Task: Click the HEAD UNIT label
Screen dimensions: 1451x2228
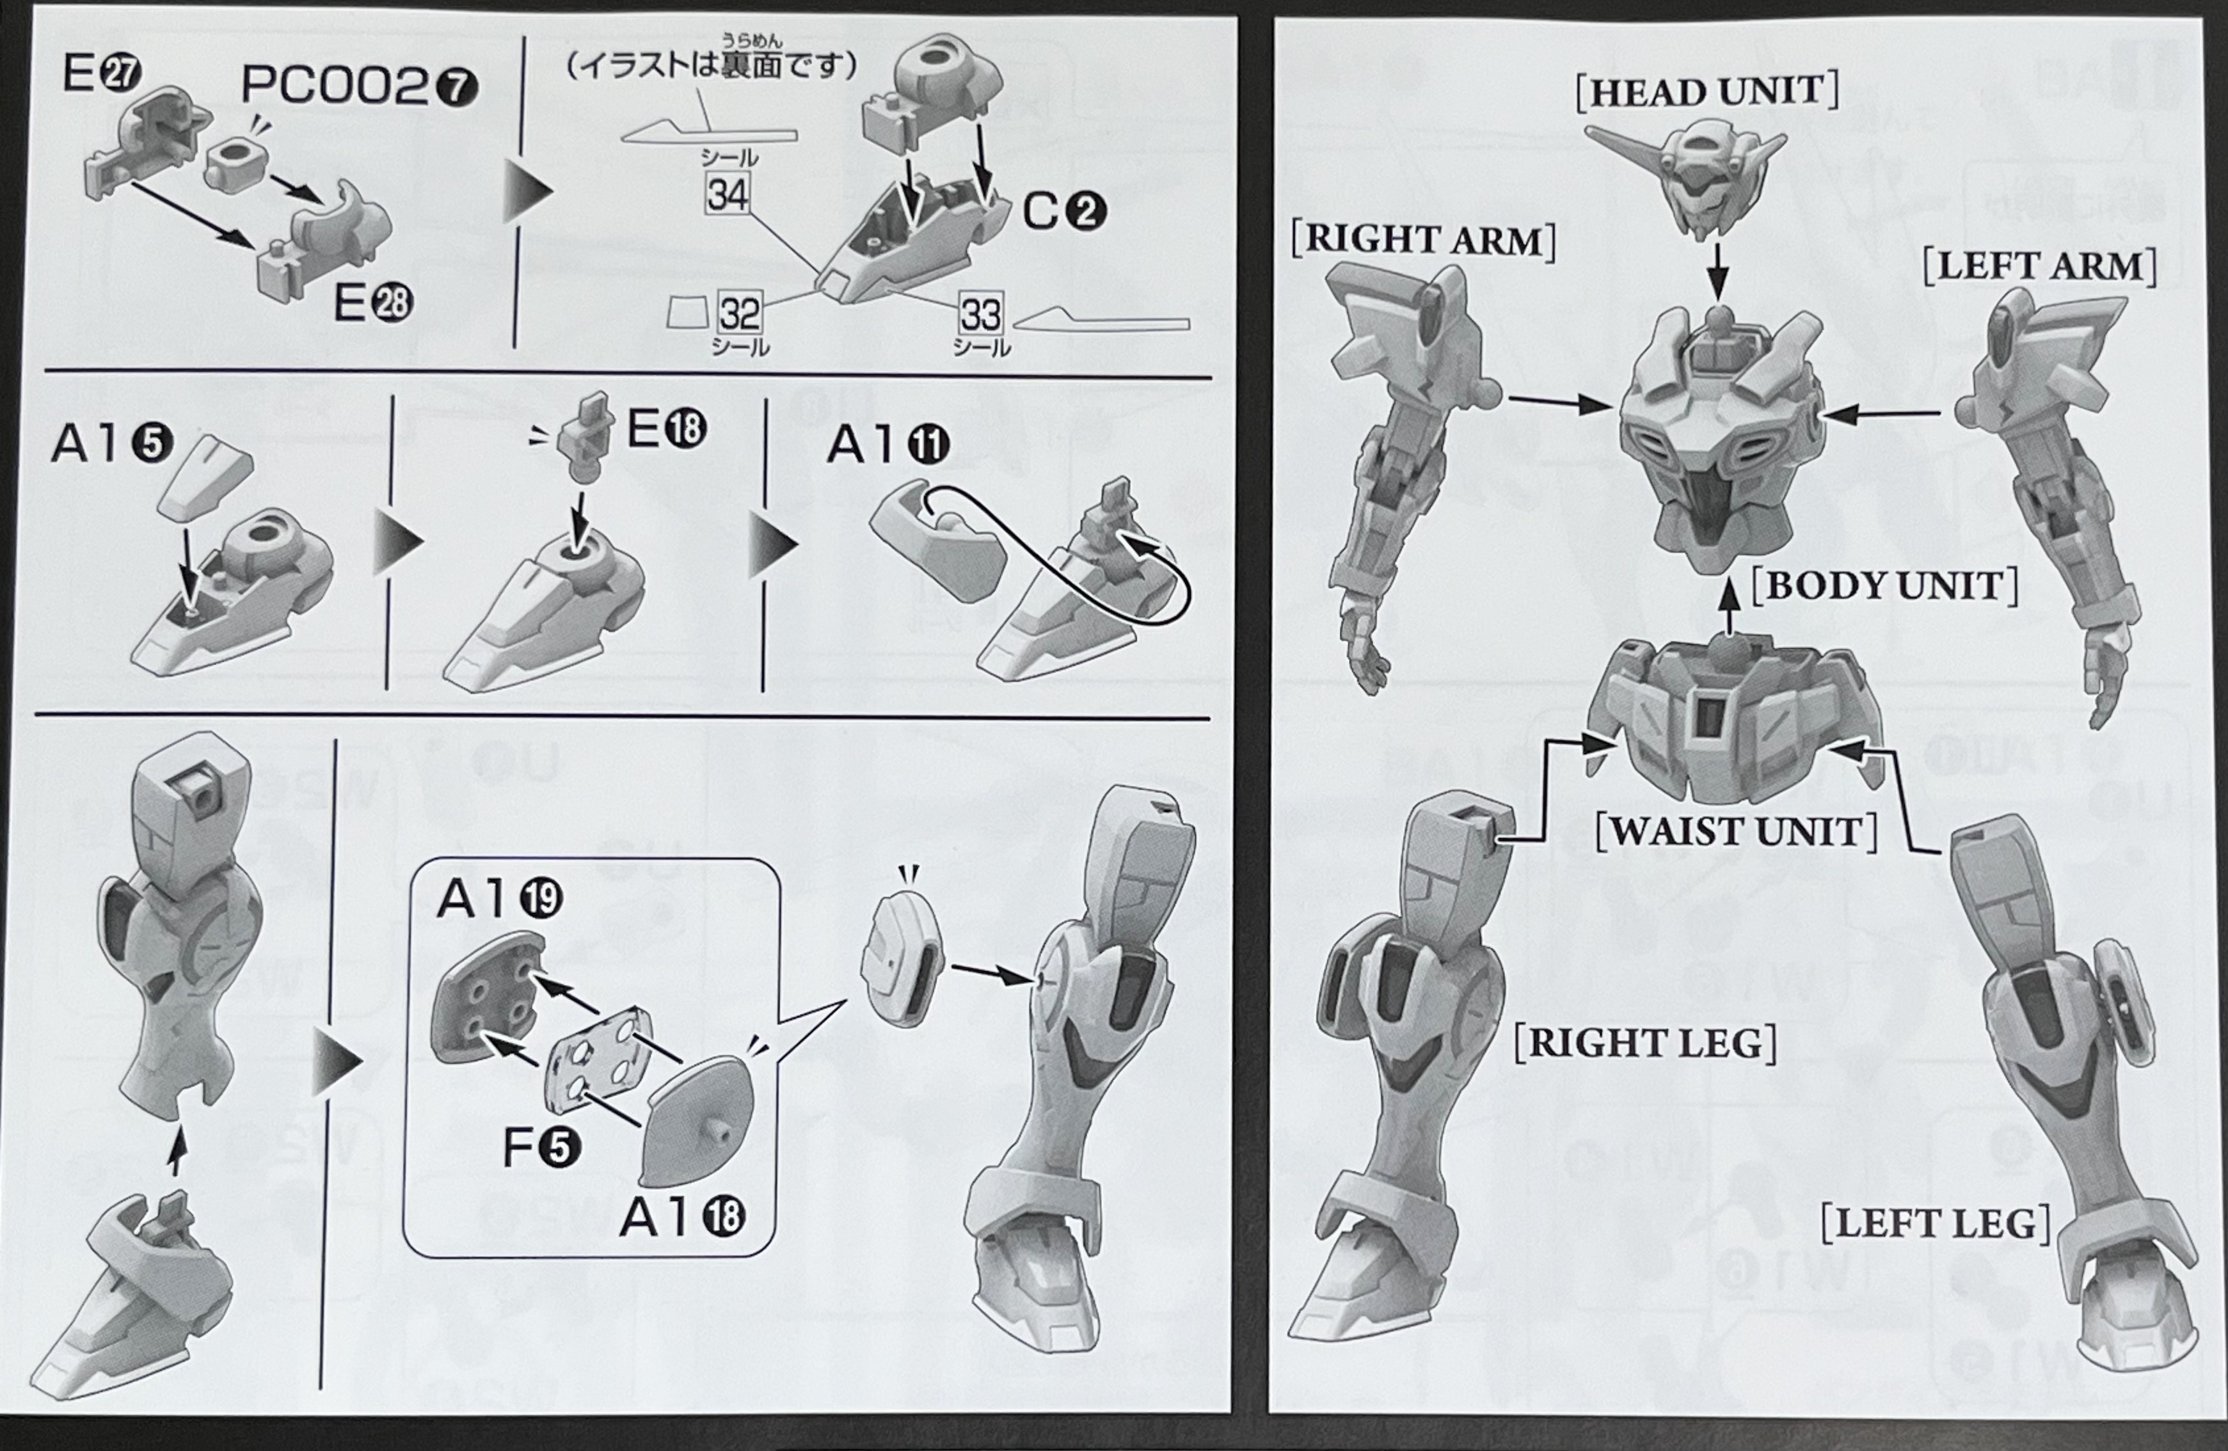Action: click(1707, 91)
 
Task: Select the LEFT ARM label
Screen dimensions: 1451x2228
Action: click(2039, 267)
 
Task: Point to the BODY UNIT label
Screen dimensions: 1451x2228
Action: click(1884, 586)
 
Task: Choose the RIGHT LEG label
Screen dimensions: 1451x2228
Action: click(1645, 1043)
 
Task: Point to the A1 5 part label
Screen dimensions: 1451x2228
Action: click(111, 444)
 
